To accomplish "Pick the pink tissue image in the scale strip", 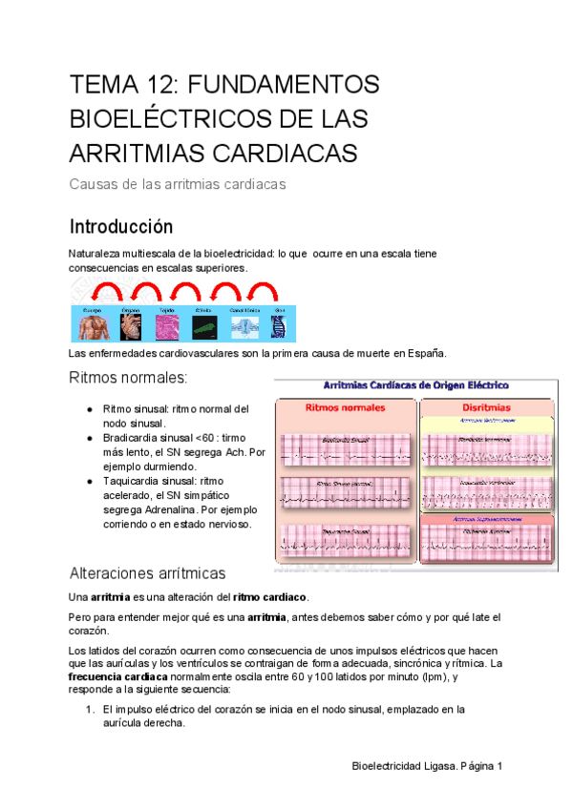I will [x=167, y=327].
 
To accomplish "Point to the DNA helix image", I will [x=279, y=327].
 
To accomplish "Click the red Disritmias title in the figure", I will [x=488, y=407].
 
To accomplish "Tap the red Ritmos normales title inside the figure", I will [x=345, y=407].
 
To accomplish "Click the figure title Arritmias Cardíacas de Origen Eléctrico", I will [x=416, y=384].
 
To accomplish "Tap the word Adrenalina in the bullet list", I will [x=170, y=510].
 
